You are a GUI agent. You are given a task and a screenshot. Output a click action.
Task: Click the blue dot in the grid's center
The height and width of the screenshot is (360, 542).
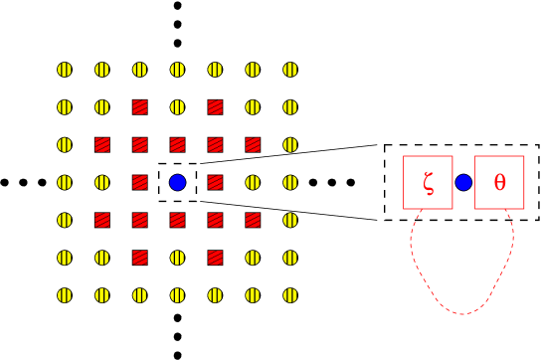pyautogui.click(x=177, y=182)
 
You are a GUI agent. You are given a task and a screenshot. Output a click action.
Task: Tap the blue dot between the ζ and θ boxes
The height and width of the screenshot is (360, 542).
pyautogui.click(x=463, y=182)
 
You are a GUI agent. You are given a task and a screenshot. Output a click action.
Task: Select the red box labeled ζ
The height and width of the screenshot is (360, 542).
pyautogui.click(x=428, y=182)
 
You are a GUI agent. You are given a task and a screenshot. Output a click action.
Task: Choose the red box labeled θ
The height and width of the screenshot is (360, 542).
pyautogui.click(x=499, y=182)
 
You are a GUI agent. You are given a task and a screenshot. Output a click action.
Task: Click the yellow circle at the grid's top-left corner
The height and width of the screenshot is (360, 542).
pyautogui.click(x=65, y=70)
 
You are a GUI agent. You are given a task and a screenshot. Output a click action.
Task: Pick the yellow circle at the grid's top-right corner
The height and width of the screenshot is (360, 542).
pyautogui.click(x=290, y=70)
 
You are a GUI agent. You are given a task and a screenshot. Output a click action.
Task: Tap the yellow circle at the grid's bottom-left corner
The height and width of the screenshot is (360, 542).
pyautogui.click(x=65, y=295)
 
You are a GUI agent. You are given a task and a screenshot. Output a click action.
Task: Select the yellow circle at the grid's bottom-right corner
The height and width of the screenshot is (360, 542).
pyautogui.click(x=290, y=295)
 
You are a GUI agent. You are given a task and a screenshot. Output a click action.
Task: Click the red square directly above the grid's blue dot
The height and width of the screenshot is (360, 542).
pyautogui.click(x=177, y=145)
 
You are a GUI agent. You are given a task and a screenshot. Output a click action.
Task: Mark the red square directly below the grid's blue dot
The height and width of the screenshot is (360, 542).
pyautogui.click(x=177, y=220)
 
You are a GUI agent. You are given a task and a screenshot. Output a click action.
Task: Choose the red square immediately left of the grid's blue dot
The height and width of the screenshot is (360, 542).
pyautogui.click(x=139, y=182)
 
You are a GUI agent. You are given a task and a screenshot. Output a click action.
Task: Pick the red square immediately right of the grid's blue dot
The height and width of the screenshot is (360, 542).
pyautogui.click(x=215, y=182)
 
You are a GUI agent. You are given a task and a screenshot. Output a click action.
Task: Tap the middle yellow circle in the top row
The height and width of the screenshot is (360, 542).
pyautogui.click(x=177, y=70)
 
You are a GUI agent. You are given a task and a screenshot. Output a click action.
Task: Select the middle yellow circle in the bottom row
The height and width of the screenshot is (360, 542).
pyautogui.click(x=177, y=295)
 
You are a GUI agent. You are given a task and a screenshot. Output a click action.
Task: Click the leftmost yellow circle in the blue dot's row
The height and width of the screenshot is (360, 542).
pyautogui.click(x=65, y=182)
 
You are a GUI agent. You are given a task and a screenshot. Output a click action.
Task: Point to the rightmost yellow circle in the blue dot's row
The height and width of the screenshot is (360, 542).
pyautogui.click(x=290, y=182)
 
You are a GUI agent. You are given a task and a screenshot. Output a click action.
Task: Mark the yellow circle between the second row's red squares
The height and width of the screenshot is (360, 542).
pyautogui.click(x=177, y=107)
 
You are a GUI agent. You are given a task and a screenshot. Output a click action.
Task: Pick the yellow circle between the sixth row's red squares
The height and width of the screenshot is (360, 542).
pyautogui.click(x=177, y=258)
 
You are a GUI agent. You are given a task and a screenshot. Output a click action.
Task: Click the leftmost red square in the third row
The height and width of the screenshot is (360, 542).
pyautogui.click(x=102, y=145)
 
